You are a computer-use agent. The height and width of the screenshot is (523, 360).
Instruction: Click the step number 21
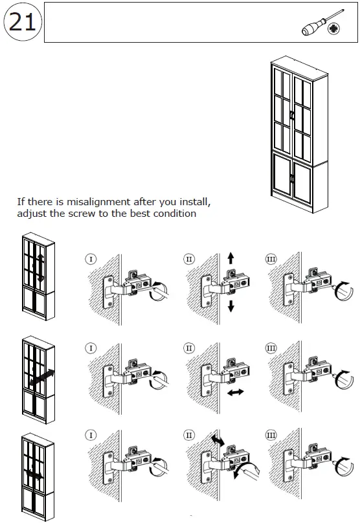(x=22, y=23)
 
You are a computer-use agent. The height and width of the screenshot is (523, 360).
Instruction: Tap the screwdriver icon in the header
(x=322, y=23)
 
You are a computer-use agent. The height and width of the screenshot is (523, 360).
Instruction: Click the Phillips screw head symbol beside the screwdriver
(x=333, y=29)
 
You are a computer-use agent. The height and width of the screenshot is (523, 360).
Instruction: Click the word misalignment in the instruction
(x=98, y=202)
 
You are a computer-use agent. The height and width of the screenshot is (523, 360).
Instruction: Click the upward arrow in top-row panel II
(x=231, y=258)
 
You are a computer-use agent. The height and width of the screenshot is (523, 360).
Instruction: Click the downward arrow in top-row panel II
(x=231, y=306)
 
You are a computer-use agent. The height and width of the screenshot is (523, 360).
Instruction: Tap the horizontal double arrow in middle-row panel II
(x=236, y=392)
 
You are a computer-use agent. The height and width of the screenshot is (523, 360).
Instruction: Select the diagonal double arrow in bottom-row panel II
(x=218, y=440)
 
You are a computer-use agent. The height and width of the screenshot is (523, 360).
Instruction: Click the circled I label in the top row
(x=91, y=259)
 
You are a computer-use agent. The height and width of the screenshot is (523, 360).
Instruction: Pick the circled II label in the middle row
(x=189, y=348)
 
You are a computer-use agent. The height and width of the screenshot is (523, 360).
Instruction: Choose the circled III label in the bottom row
(x=271, y=435)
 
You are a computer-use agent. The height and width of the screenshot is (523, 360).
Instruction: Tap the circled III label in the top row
(x=271, y=259)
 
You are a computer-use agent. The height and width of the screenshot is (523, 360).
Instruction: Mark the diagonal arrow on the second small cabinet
(x=41, y=377)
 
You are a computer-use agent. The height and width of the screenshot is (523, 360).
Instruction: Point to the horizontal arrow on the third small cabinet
(x=34, y=474)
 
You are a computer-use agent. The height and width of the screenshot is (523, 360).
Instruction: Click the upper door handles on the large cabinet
(x=292, y=115)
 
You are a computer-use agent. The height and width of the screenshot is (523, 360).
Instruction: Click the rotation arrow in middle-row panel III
(x=343, y=380)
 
